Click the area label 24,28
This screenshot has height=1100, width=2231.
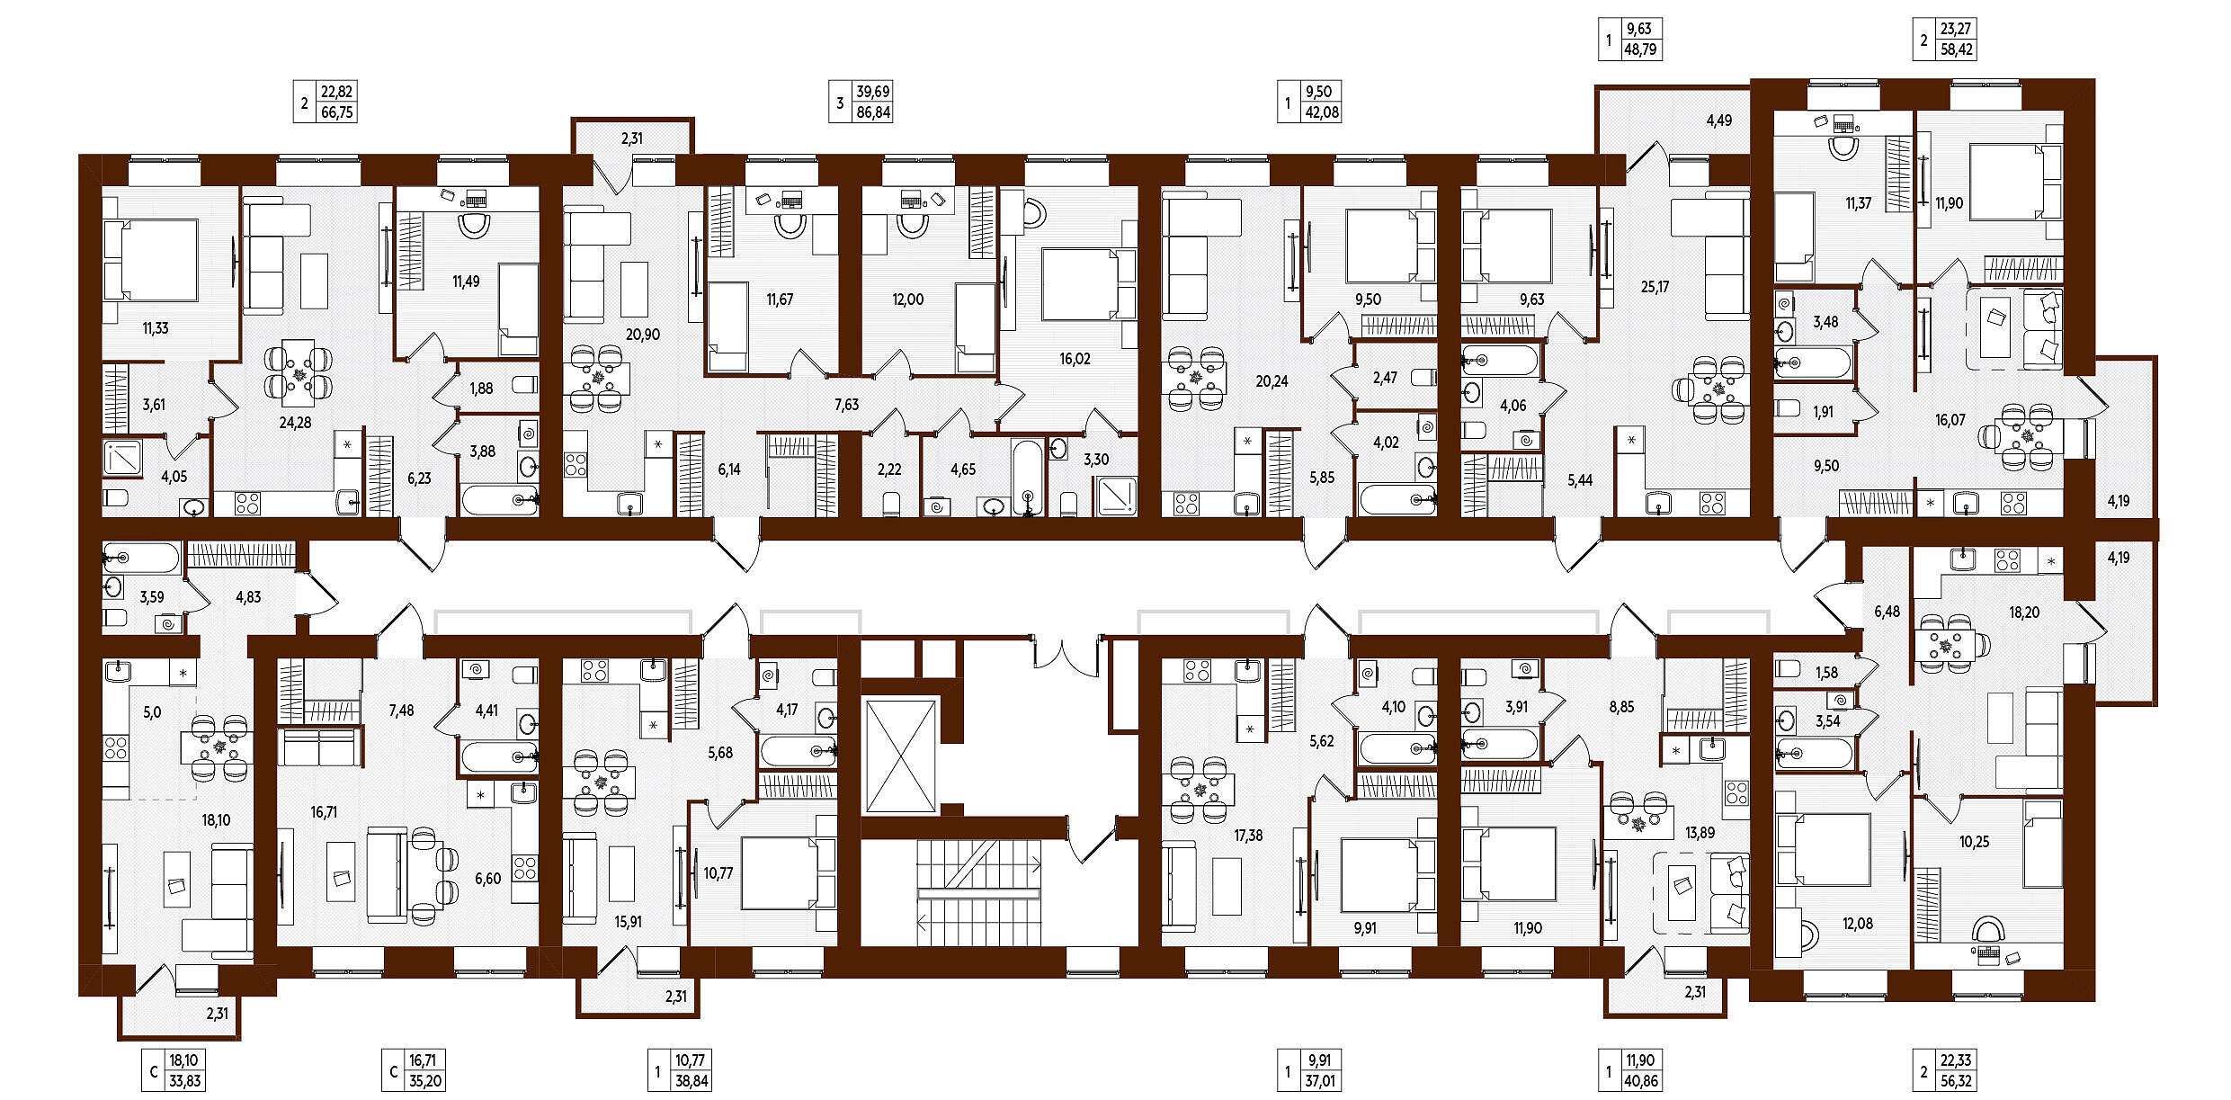click(x=295, y=422)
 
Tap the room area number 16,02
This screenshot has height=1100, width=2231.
click(x=1075, y=359)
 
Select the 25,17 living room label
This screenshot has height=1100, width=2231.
click(x=1655, y=287)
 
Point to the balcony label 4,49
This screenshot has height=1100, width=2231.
click(x=1718, y=121)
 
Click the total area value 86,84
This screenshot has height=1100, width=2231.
click(x=873, y=112)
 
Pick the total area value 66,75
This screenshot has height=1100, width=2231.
click(x=337, y=112)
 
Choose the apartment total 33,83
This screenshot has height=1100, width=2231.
click(x=184, y=1081)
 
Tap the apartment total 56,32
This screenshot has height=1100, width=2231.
click(x=1956, y=1081)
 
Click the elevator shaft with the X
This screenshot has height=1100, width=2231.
click(x=900, y=756)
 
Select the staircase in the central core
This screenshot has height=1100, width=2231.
click(x=978, y=892)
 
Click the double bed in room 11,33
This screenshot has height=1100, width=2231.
click(x=150, y=260)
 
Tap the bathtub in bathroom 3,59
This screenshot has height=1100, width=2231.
click(x=142, y=559)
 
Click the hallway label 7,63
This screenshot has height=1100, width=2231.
click(x=846, y=405)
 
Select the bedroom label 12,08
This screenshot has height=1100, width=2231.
click(x=1857, y=924)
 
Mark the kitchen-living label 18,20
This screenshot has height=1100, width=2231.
click(x=2024, y=613)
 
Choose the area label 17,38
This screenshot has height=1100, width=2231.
click(x=1248, y=836)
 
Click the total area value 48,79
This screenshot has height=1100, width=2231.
click(x=1640, y=49)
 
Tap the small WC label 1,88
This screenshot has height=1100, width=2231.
click(x=481, y=389)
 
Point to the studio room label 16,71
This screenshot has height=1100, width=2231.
click(x=324, y=812)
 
